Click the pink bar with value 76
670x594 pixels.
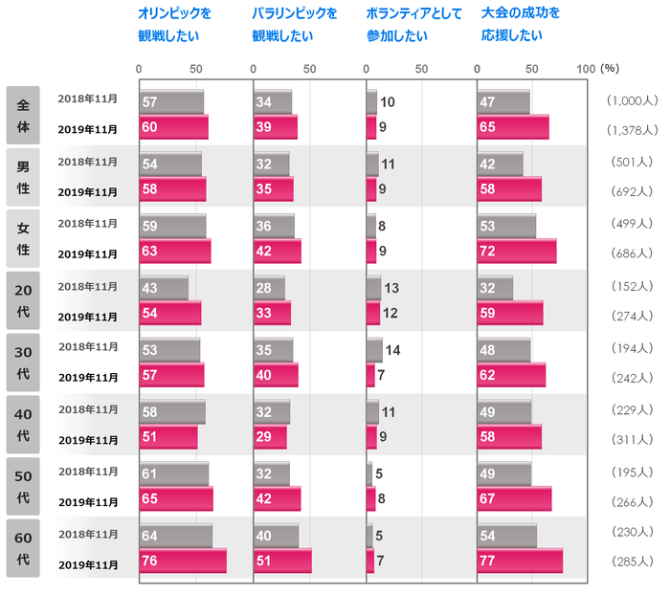click(x=183, y=561)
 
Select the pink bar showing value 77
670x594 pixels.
click(x=520, y=561)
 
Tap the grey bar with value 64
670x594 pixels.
click(x=176, y=536)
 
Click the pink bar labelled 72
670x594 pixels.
click(x=517, y=252)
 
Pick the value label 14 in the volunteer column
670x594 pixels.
click(x=391, y=350)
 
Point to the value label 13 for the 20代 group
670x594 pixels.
click(x=391, y=289)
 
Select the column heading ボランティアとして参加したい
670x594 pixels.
click(x=413, y=26)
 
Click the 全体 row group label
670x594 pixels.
click(x=22, y=115)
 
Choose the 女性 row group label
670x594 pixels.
click(x=22, y=238)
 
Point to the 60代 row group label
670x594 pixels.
click(x=22, y=548)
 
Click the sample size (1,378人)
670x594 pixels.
click(x=632, y=129)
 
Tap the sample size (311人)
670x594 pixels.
click(x=632, y=439)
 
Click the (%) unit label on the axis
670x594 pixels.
click(x=610, y=69)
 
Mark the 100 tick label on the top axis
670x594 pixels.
click(x=586, y=69)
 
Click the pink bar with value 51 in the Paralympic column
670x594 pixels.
click(x=282, y=561)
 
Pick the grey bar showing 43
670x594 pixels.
click(x=164, y=288)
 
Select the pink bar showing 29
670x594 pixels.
click(x=270, y=437)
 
